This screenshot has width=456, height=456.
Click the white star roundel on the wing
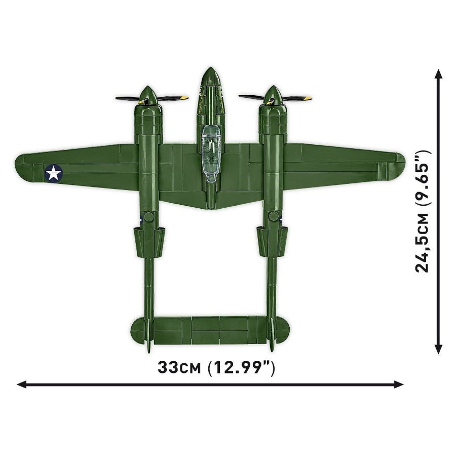[x=53, y=173]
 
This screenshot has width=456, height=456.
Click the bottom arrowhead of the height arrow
[x=439, y=350]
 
